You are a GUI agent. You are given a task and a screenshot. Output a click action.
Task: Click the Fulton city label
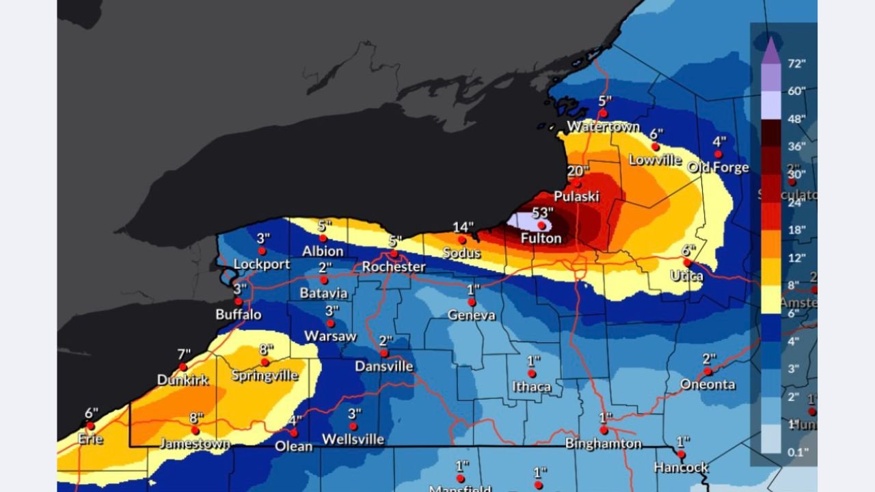point(541,238)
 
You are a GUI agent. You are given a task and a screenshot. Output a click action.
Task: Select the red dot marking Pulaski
point(577,184)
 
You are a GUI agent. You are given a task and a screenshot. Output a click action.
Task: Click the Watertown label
point(603,126)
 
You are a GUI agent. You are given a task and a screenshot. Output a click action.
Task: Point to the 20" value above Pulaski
point(578,172)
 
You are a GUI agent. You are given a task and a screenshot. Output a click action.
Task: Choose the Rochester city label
point(394,267)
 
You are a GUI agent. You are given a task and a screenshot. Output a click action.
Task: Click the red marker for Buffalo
point(239,301)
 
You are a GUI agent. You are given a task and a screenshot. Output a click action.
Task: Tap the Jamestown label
point(195,443)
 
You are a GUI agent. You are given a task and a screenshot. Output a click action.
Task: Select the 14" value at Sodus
point(463,228)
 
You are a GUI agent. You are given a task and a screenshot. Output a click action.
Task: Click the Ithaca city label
point(531,387)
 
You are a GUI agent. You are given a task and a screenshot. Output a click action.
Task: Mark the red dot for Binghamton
point(604,430)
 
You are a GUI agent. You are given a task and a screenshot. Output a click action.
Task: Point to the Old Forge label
point(718,167)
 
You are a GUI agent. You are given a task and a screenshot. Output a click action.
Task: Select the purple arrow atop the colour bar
point(770,50)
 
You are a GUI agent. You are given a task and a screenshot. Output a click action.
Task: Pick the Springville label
point(265,375)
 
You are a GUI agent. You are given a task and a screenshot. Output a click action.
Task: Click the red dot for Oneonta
point(708,372)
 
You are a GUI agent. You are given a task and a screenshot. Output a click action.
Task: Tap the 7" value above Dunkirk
point(184,355)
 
